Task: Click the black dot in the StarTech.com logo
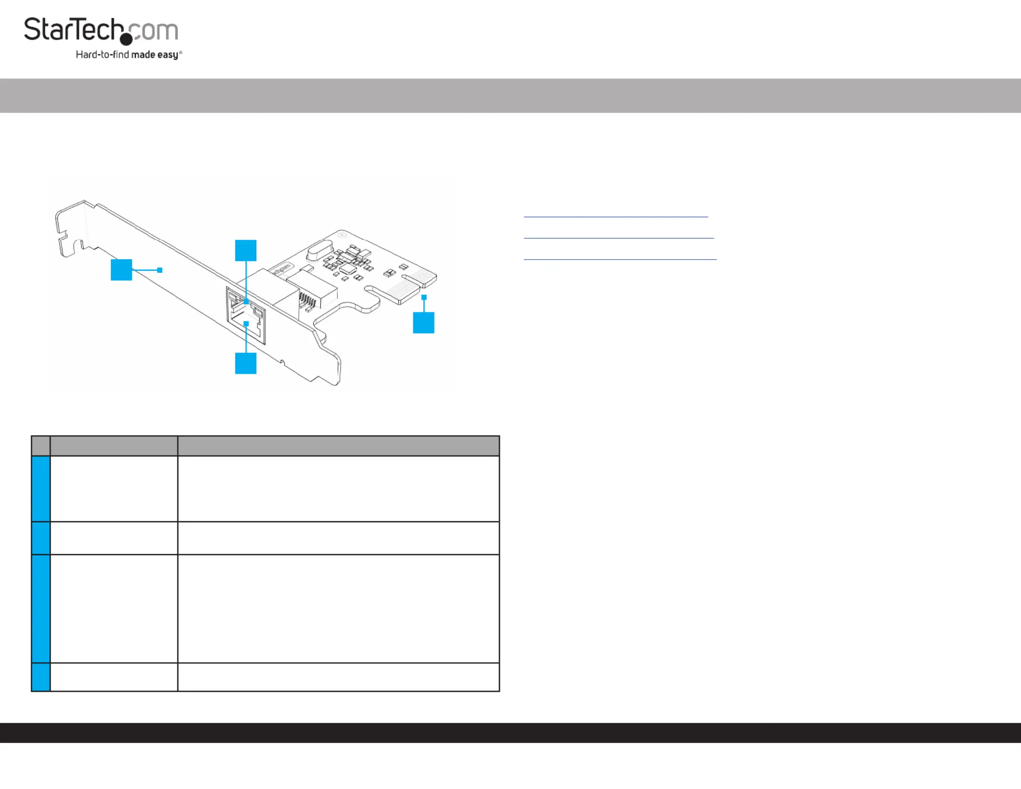[x=126, y=39]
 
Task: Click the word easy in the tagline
[x=167, y=55]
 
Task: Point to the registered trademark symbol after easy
[x=181, y=52]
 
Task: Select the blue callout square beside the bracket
[x=121, y=270]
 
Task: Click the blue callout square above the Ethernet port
[x=246, y=250]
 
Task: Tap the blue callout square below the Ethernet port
[x=246, y=363]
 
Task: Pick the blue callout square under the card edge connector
[x=423, y=322]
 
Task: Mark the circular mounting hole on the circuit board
[x=342, y=235]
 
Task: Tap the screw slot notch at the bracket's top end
[x=73, y=242]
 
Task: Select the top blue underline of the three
[x=616, y=217]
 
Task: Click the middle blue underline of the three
[x=619, y=238]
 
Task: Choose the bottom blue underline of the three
[x=620, y=260]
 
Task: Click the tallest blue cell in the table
[x=41, y=609]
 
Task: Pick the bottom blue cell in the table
[x=41, y=677]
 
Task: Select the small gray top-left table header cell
[x=41, y=446]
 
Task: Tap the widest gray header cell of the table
[x=338, y=446]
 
